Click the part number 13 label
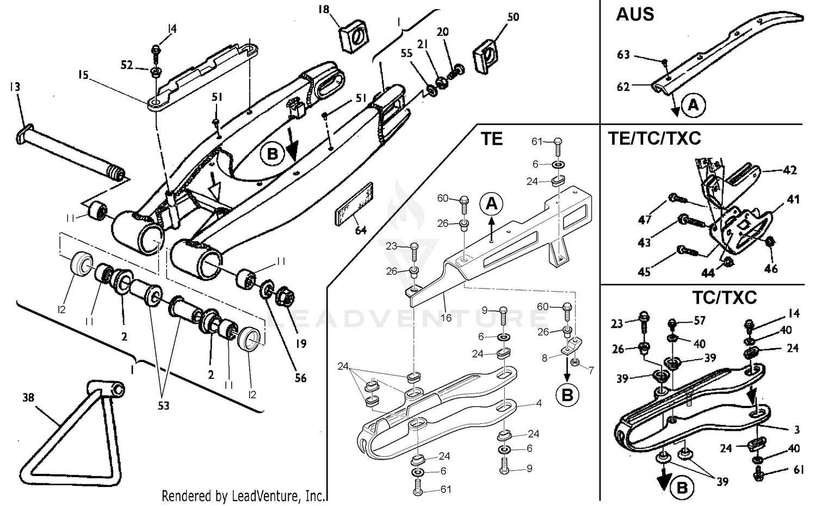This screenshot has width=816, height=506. point(15,87)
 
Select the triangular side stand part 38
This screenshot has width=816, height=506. point(65,435)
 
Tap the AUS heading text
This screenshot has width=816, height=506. point(635,14)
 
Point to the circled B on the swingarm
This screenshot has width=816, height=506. point(273,154)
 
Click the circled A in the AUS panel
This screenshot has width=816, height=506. point(693,104)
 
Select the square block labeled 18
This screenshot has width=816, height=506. point(354,38)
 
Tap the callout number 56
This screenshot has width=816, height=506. point(300,377)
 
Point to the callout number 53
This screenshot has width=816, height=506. point(163,405)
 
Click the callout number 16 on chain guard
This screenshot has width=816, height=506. point(446,317)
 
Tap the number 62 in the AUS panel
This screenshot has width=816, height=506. point(623,87)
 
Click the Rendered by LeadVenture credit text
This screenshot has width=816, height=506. point(243,496)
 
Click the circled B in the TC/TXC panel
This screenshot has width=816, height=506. point(681,488)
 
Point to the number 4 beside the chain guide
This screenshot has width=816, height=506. point(538,404)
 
